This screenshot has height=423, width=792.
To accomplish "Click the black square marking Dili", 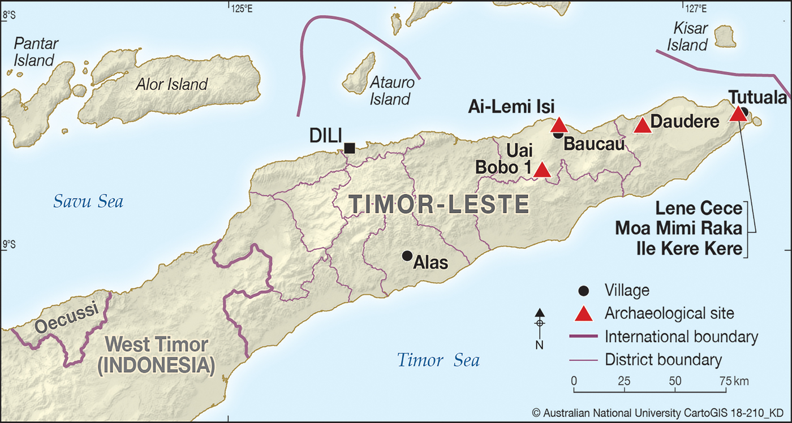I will tap(350, 148).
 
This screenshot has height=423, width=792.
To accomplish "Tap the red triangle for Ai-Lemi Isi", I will tap(559, 125).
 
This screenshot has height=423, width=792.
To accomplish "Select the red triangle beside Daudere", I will tap(643, 126).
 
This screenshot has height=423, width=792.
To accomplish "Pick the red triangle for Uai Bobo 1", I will tap(543, 170).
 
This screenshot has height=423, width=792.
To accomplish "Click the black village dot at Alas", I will tap(407, 256).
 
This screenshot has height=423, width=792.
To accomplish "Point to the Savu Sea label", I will tap(88, 201).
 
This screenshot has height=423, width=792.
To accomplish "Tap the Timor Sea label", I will tap(438, 360).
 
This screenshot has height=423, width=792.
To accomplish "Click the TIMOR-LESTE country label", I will tap(438, 204).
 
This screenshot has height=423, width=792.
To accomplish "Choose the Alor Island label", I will tap(172, 85).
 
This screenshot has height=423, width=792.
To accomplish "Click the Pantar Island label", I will tap(35, 51).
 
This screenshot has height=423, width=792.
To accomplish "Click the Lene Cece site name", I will tap(698, 208).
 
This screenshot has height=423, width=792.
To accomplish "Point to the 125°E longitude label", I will tap(241, 8).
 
